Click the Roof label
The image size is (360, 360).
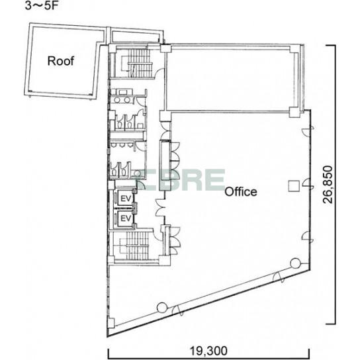[x=61, y=61]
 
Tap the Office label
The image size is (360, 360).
[x=241, y=191]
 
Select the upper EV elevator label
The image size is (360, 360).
[x=126, y=199]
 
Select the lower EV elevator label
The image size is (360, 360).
[x=126, y=218]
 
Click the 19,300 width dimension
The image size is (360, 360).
[x=208, y=351]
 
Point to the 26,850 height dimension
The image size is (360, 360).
[x=328, y=185]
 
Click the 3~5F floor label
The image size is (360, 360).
[x=40, y=6]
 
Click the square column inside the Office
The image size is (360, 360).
[x=294, y=186]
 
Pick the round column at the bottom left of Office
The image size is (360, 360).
[x=162, y=307]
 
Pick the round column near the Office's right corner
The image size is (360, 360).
[x=296, y=263]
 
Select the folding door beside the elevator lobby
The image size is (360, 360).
[x=161, y=208]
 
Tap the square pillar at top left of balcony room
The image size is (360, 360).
[x=165, y=48]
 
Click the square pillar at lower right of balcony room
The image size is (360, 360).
[x=294, y=112]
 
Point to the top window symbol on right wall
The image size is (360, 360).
[x=308, y=130]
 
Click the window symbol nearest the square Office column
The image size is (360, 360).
[x=308, y=185]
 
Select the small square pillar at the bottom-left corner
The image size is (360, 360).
[x=111, y=323]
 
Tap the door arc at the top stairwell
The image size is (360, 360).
[x=158, y=73]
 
